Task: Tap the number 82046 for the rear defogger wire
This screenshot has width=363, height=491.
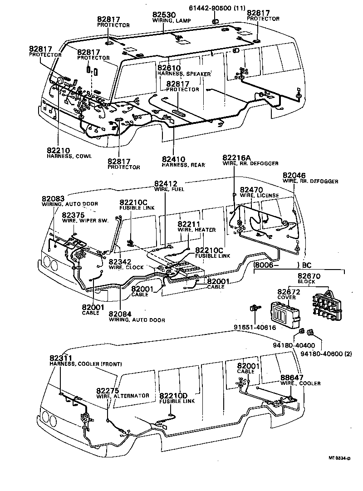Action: (294, 175)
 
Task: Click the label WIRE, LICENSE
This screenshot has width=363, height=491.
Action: (259, 196)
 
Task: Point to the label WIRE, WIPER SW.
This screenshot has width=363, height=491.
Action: (82, 220)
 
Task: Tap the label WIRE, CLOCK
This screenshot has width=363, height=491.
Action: (125, 267)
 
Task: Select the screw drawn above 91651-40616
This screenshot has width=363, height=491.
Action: (254, 309)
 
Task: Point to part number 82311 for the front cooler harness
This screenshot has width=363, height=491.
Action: (62, 358)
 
